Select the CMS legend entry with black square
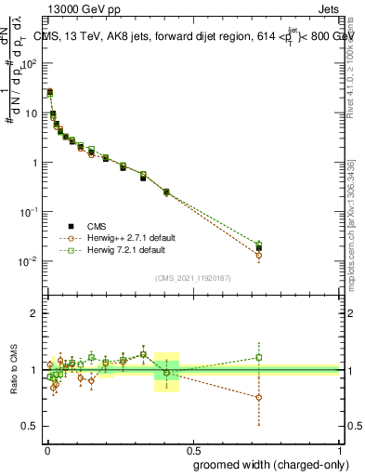[93, 226]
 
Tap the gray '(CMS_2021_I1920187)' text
[193, 277]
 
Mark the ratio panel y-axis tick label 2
[35, 313]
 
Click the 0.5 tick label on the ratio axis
[30, 426]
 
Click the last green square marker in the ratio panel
[259, 357]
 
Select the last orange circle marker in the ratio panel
[259, 397]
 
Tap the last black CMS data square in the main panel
[259, 248]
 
